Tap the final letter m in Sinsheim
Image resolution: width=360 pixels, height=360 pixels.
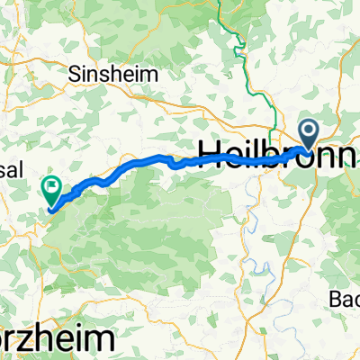point(144,74)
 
